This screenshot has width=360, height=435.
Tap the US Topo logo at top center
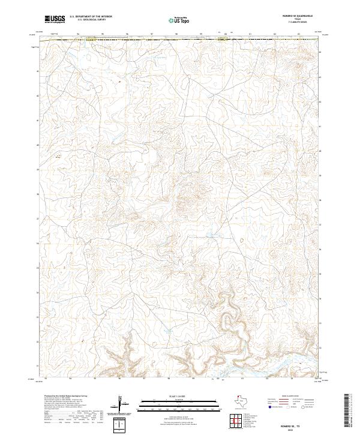(179, 20)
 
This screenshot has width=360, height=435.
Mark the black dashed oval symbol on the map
(242, 240)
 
